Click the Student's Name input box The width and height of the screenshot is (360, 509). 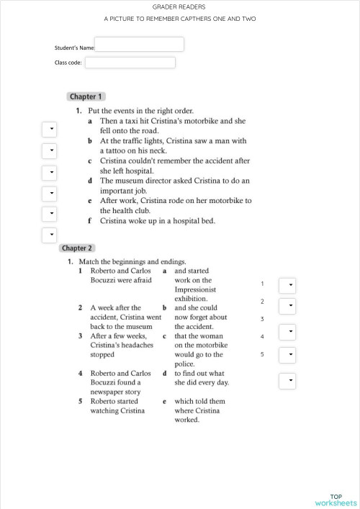point(139,45)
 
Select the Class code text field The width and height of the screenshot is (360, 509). point(130,63)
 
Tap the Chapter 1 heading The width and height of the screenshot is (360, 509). point(86,96)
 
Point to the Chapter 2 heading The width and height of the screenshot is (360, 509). point(77,248)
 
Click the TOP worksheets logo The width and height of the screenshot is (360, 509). point(336,500)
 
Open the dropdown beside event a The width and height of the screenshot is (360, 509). point(50,129)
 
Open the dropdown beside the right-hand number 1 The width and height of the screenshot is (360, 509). point(287,285)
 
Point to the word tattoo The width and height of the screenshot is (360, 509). point(118,151)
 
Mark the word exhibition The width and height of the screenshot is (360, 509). point(191,299)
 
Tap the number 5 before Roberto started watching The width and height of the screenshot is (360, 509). point(81,402)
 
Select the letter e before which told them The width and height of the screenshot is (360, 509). point(165,402)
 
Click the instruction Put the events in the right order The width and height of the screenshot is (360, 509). point(140,111)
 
